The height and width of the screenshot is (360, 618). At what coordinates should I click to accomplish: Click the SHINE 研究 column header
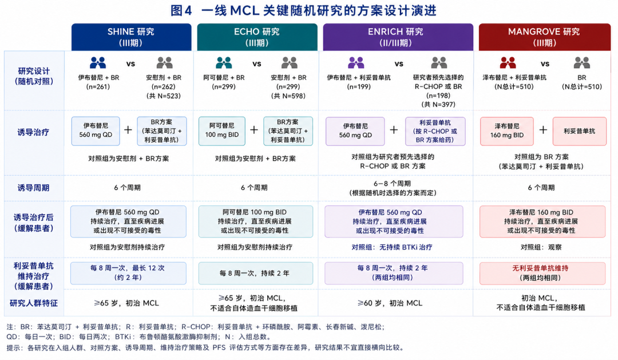coord(131,37)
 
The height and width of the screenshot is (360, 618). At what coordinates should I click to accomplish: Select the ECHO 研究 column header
coord(257,37)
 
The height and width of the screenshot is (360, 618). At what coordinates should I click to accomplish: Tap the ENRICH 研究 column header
coord(398,37)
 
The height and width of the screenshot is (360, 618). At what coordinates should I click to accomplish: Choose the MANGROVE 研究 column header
coord(545,37)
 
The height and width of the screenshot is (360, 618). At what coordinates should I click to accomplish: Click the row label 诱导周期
coord(34,188)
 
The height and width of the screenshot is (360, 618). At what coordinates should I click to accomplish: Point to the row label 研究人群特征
coord(34,303)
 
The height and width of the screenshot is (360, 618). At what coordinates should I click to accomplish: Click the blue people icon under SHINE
coord(98,63)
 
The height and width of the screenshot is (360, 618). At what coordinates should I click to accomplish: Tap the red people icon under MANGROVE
coord(508,63)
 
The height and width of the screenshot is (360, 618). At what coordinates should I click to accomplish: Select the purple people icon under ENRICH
coord(356,63)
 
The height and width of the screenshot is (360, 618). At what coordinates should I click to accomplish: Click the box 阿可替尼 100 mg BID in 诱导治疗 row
coord(222,131)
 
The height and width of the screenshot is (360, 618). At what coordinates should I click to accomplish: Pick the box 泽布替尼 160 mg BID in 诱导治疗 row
coord(507,131)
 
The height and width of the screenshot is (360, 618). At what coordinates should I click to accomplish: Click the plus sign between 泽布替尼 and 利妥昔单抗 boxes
coord(543,130)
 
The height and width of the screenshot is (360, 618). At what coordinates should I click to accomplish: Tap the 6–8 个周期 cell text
coord(392,183)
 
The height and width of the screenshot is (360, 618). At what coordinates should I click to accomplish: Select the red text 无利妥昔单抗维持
coord(540,268)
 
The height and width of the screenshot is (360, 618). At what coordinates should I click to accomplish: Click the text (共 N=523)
coord(164,96)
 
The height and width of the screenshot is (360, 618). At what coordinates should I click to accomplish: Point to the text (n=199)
coord(359,87)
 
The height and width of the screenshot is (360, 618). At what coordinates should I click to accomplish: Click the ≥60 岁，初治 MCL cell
coord(390,303)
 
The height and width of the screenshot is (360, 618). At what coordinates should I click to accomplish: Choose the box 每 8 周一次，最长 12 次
coord(128,273)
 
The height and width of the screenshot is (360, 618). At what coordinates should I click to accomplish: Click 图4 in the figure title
coord(181,10)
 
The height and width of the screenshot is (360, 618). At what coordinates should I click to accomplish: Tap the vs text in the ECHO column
coord(257,64)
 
